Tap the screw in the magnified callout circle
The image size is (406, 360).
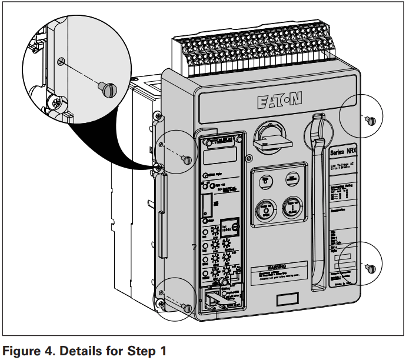coord(109,90)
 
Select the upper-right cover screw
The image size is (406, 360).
coord(370,121)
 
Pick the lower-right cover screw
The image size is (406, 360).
coord(370,268)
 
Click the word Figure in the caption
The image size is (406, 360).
coord(22,352)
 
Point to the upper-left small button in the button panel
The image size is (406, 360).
coord(266,180)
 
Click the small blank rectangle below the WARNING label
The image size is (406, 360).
coord(287,299)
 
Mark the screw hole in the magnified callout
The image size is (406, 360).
coord(61,61)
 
